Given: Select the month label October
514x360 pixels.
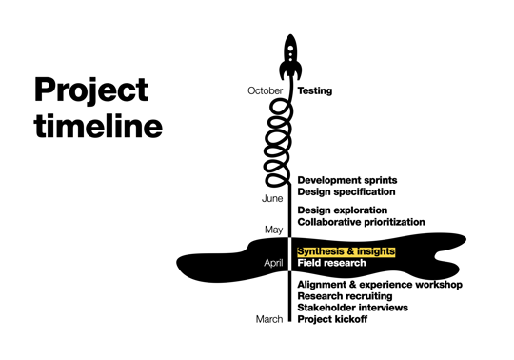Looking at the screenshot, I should (265, 91).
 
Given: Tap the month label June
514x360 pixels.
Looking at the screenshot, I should (272, 198).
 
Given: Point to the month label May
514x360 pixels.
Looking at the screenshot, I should (274, 230).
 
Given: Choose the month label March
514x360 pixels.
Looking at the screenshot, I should (269, 319).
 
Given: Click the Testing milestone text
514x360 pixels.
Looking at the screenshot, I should (315, 91).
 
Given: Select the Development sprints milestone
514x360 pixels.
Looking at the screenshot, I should (346, 180).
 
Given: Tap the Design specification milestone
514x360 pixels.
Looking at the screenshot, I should (346, 191).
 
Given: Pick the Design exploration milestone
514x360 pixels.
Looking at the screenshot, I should (342, 210).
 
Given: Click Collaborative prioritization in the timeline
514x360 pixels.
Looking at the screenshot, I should (361, 222).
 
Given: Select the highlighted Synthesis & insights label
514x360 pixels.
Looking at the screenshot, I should (346, 251).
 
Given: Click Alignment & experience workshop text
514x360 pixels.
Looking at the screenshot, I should (379, 285).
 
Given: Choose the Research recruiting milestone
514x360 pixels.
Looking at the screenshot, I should (345, 296).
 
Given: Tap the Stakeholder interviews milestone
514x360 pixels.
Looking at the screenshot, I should (352, 308).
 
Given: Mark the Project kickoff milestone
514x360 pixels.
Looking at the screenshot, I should (332, 319).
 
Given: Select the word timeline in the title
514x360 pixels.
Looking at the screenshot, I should (98, 126).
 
